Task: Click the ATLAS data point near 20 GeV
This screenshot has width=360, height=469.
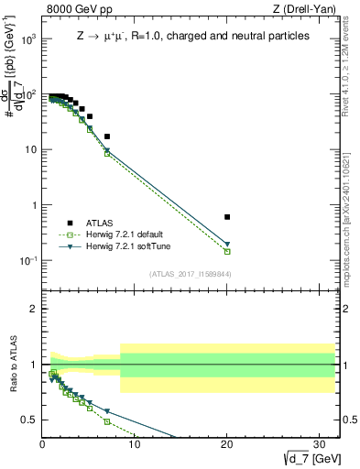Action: pos(227,217)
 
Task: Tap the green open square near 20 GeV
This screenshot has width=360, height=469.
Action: pos(227,251)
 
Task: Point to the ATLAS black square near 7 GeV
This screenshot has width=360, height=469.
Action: pos(107,136)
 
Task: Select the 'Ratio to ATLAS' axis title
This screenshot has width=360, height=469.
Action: pos(13,364)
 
